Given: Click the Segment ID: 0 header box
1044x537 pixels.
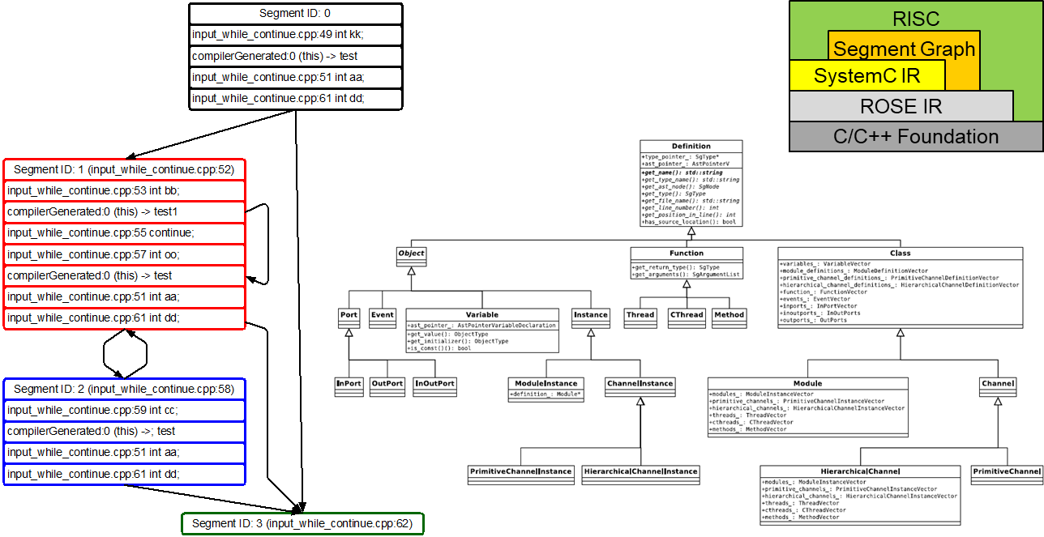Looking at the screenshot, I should (295, 14).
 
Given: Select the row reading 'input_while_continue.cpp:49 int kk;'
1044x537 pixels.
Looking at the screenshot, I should (295, 36).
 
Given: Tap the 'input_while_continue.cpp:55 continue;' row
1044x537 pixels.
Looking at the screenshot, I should (124, 233).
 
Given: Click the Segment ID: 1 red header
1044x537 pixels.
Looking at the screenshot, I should (124, 170).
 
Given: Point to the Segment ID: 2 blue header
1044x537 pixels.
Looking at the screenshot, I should (124, 390).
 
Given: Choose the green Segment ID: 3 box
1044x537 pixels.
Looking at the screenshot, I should (302, 524).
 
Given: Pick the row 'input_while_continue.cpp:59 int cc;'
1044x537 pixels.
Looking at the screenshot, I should (124, 411).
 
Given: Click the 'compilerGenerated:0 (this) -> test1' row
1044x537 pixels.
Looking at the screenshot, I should (124, 212).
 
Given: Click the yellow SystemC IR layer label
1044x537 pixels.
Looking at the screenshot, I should (866, 76).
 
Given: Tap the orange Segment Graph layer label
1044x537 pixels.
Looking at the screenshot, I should (904, 49).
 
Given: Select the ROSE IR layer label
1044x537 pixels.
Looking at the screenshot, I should (901, 106).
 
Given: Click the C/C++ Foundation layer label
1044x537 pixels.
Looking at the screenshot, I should (916, 136).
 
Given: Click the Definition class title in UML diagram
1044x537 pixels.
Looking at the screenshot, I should (691, 146).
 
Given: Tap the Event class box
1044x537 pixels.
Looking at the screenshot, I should (382, 315).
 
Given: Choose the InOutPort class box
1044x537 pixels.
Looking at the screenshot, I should (434, 384).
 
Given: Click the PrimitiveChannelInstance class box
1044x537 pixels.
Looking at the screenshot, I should (520, 471).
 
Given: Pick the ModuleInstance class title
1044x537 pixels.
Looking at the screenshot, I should (546, 383).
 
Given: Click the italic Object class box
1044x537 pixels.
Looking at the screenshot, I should (411, 254).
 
